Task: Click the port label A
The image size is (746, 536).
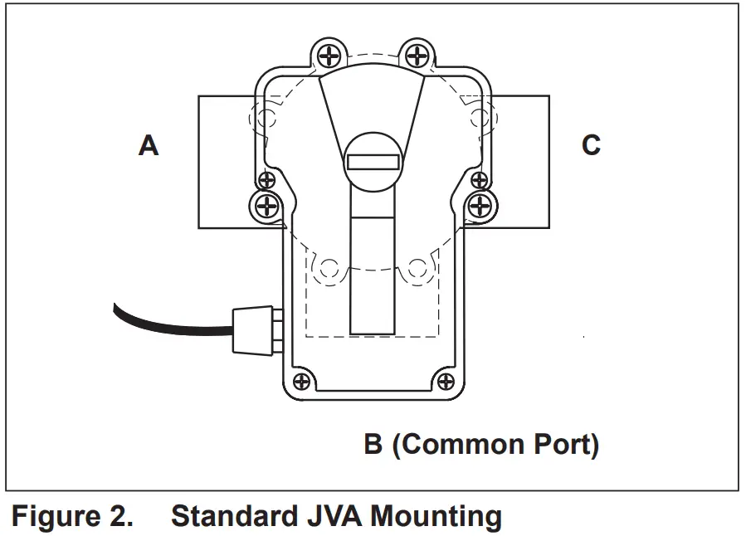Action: (x=149, y=146)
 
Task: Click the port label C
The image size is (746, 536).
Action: (x=591, y=145)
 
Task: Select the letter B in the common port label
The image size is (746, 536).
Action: (x=373, y=445)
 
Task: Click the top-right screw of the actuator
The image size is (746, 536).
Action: (x=416, y=56)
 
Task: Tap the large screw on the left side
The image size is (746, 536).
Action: (x=266, y=205)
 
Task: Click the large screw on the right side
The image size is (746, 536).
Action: (x=480, y=205)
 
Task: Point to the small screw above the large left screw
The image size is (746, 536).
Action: (x=267, y=179)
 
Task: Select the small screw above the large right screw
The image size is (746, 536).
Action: (x=478, y=179)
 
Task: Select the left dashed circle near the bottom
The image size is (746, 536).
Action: (x=329, y=268)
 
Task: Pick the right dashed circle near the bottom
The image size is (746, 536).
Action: (x=417, y=268)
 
